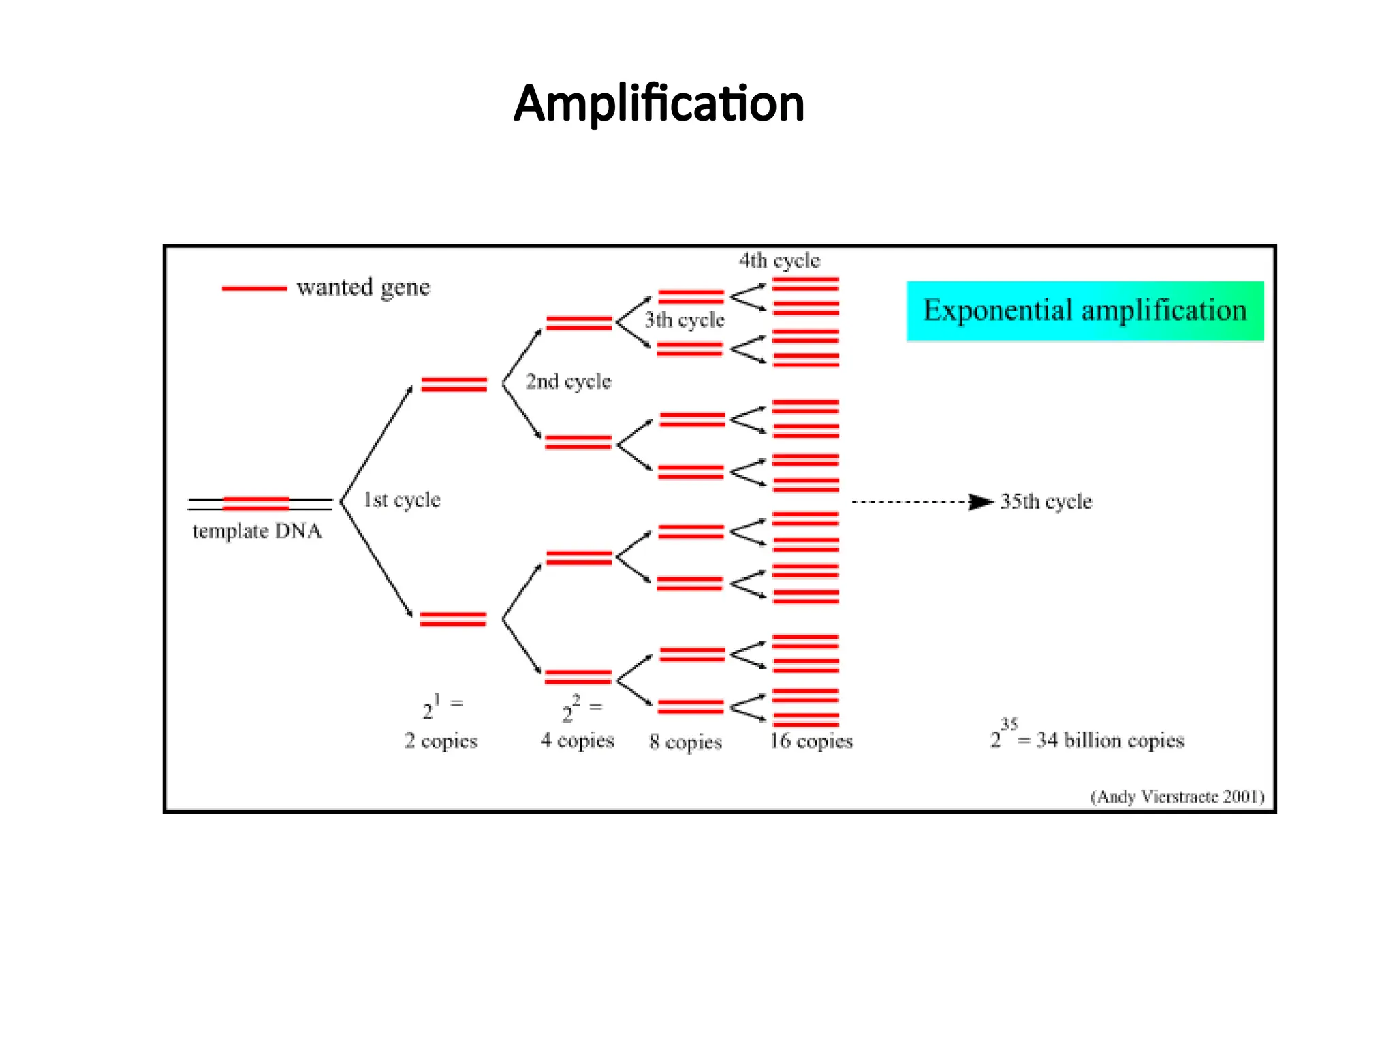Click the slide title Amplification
659,104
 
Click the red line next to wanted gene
254,288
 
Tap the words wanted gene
364,287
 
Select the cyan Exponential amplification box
1084,311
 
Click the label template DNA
257,530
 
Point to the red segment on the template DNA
256,503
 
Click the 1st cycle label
402,500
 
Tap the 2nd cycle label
568,381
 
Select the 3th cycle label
685,319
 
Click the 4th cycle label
779,260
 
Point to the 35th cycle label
1046,502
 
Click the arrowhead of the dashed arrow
981,502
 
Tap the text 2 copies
441,741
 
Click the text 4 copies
577,740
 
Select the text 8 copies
685,742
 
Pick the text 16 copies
811,741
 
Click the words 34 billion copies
1110,740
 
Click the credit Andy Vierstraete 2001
1177,797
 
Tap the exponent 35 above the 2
1009,724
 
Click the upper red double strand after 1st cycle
454,384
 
